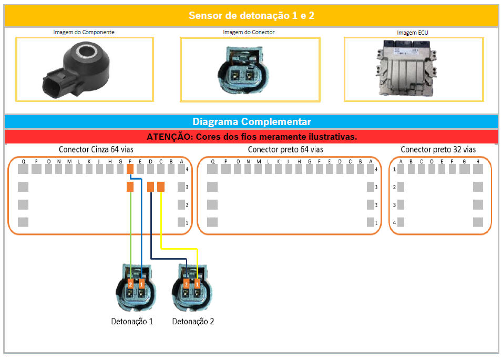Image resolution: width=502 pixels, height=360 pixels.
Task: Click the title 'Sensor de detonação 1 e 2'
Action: (251, 15)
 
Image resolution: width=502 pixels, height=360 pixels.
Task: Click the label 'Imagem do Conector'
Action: (249, 32)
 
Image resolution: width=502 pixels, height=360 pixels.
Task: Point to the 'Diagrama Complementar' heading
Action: (251, 121)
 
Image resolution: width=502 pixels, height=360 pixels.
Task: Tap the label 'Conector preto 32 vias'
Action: (438, 150)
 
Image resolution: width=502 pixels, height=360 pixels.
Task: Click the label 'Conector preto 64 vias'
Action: (285, 150)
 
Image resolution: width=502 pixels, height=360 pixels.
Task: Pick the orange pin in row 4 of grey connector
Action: (130, 169)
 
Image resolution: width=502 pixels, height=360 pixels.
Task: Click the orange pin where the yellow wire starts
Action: (161, 187)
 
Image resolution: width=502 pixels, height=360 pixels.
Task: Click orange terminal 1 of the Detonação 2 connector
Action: (197, 284)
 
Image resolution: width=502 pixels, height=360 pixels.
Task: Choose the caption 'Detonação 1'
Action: (132, 321)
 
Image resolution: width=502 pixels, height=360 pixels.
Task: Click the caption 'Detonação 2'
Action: (193, 321)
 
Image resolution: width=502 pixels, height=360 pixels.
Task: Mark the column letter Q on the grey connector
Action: (24, 161)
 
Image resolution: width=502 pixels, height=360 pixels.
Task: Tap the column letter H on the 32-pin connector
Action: (477, 161)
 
